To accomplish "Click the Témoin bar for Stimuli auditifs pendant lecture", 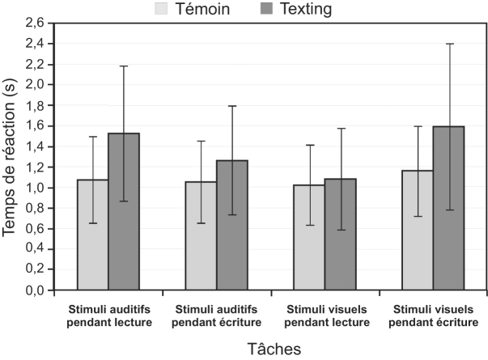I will pyautogui.click(x=93, y=235).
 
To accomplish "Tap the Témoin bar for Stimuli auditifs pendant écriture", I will pyautogui.click(x=201, y=235).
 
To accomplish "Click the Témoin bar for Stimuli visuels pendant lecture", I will pyautogui.click(x=309, y=236).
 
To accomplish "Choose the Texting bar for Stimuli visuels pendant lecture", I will pyautogui.click(x=340, y=235).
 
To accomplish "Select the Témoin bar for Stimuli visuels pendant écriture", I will pyautogui.click(x=418, y=230).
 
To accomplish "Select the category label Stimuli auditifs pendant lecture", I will pyautogui.click(x=108, y=316).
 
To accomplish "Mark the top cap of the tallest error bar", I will pyautogui.click(x=448, y=44).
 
